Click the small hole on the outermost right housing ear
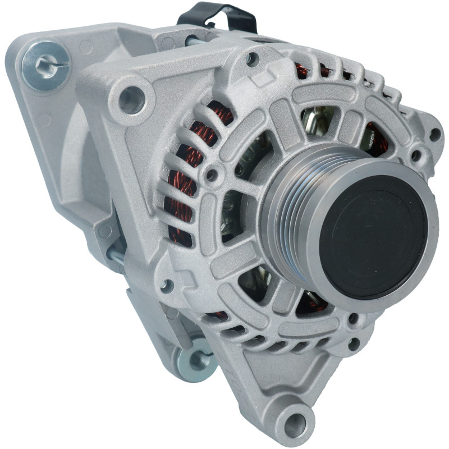434,134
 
